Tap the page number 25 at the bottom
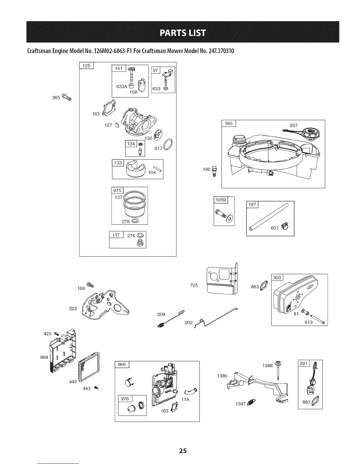coord(183,450)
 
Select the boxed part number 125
coord(86,66)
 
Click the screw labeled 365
coord(67,97)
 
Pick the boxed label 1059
coord(221,200)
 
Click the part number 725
coord(194,285)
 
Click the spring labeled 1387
coord(251,402)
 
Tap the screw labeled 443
coord(96,388)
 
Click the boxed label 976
coord(125,399)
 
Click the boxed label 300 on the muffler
coord(277,278)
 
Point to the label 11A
coord(185,400)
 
